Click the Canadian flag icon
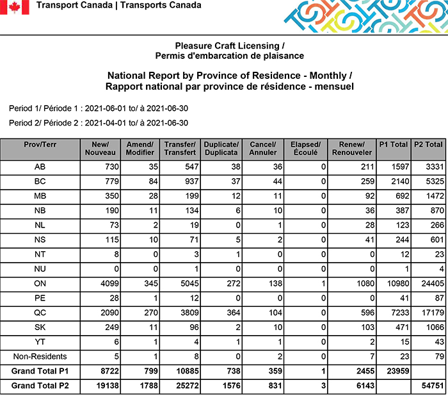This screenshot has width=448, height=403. [x=15, y=7]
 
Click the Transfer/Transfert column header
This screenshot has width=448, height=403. [x=180, y=149]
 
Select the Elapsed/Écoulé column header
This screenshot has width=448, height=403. [x=305, y=149]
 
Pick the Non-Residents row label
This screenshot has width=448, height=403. [x=40, y=356]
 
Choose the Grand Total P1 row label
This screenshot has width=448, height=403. [x=40, y=372]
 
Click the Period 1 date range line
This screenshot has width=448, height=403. [x=99, y=108]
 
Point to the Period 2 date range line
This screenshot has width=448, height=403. [x=99, y=122]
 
